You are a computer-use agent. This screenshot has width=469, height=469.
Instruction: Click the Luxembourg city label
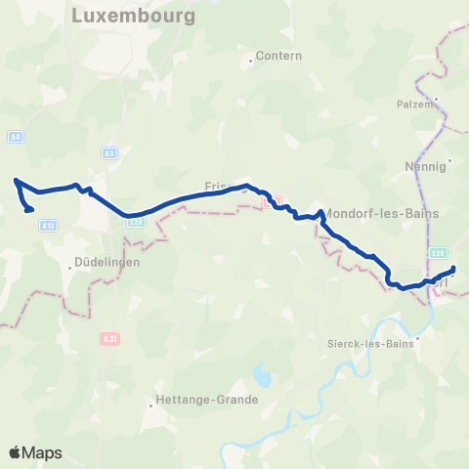point(134,17)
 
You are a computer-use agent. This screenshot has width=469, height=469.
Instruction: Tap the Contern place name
point(278,56)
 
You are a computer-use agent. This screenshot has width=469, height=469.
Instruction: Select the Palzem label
point(414,103)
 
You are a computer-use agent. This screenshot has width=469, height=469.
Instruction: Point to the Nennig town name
point(423,166)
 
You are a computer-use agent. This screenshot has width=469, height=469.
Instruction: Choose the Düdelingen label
point(107,262)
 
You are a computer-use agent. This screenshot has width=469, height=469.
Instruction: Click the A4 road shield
point(15,137)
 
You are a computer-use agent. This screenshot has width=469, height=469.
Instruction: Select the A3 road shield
point(109,152)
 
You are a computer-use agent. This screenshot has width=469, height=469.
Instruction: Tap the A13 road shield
point(49,226)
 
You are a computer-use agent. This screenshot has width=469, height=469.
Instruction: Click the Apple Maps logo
point(35,452)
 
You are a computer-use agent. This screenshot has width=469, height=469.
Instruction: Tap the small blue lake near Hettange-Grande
point(261,375)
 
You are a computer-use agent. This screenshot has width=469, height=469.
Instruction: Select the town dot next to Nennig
point(450,160)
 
